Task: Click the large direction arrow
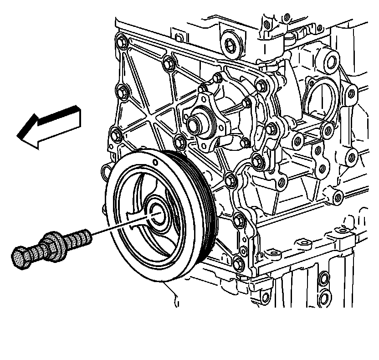pyautogui.click(x=50, y=127)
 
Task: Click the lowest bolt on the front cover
pyautogui.click(x=239, y=263)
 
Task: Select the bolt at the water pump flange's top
pyautogui.click(x=217, y=78)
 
